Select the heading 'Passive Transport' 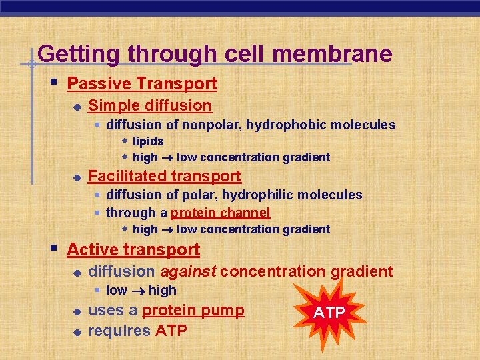[142, 83]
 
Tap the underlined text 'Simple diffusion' [149, 105]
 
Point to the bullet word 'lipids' [148, 141]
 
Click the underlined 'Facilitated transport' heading [164, 176]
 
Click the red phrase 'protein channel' [221, 213]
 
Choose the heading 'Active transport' [133, 249]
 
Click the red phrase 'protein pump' [193, 310]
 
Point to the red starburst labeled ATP [329, 311]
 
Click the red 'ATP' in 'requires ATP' [171, 331]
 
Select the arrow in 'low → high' [137, 291]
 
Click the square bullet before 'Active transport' [54, 249]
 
